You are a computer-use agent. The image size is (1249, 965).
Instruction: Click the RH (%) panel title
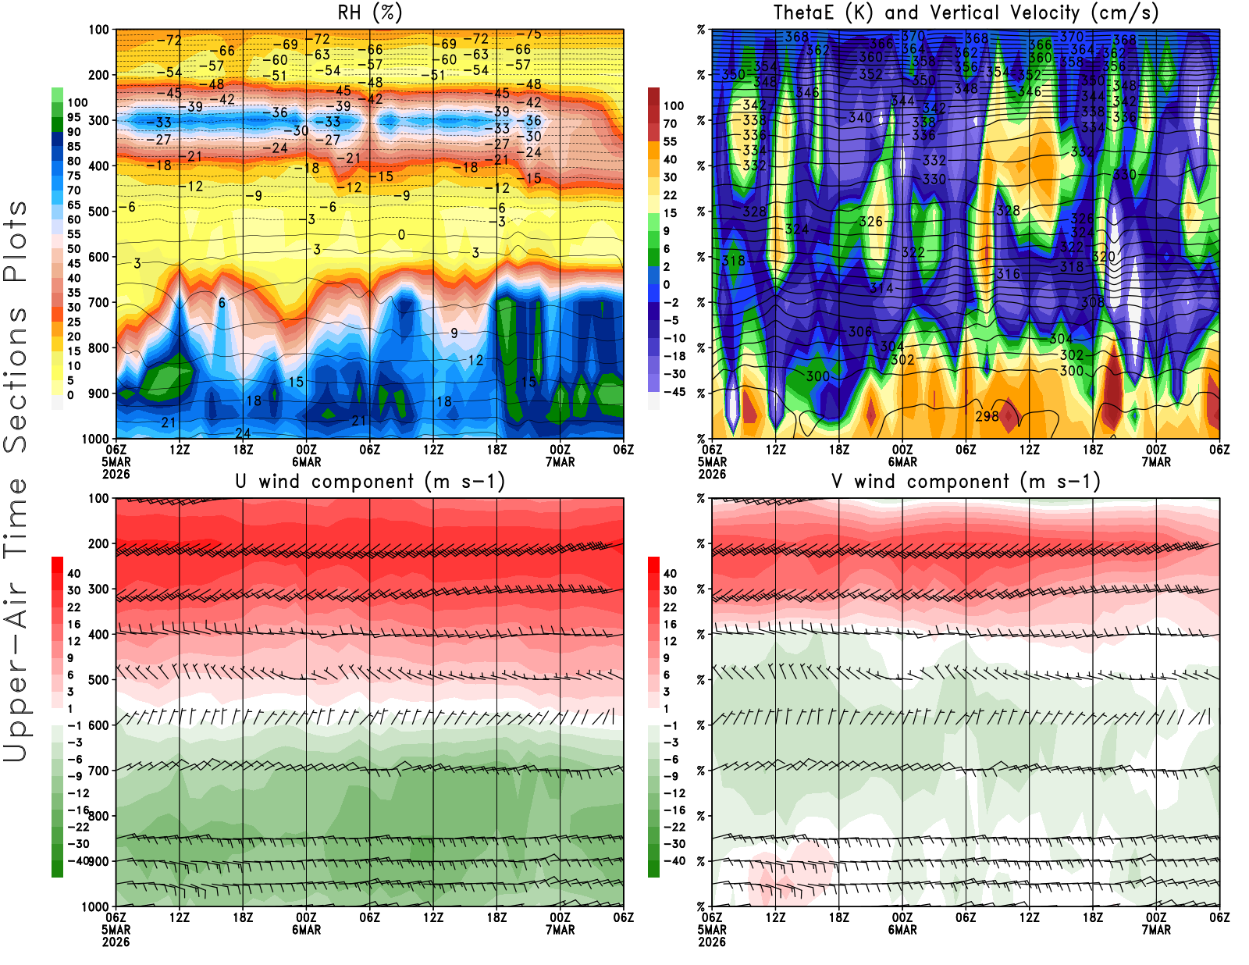[369, 13]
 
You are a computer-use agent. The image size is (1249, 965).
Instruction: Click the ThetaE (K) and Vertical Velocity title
[966, 13]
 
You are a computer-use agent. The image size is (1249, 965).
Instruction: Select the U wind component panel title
[370, 482]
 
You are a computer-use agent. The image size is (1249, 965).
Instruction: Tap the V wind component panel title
[966, 482]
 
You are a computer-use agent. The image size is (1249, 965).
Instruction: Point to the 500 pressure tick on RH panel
[98, 212]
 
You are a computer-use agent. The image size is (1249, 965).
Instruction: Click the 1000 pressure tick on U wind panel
[95, 906]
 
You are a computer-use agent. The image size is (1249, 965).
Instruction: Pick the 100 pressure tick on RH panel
[98, 30]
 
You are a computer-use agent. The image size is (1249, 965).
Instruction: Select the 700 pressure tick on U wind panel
[98, 771]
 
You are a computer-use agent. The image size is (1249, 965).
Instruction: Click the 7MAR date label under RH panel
[560, 462]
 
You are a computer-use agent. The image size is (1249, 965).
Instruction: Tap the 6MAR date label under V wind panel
[902, 931]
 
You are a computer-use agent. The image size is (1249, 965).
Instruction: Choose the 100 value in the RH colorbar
[77, 102]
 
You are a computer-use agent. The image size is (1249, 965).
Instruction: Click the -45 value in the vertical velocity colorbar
[674, 392]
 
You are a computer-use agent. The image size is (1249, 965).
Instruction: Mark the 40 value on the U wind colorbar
[74, 573]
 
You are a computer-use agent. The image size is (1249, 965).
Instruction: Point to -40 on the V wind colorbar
[674, 861]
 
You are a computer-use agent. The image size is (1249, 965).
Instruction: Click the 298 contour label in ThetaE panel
[987, 416]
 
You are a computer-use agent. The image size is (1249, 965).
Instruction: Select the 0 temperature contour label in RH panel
[401, 235]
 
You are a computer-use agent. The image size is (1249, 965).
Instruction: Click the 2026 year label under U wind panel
[116, 942]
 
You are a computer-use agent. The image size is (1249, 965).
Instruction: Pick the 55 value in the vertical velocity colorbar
[670, 141]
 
